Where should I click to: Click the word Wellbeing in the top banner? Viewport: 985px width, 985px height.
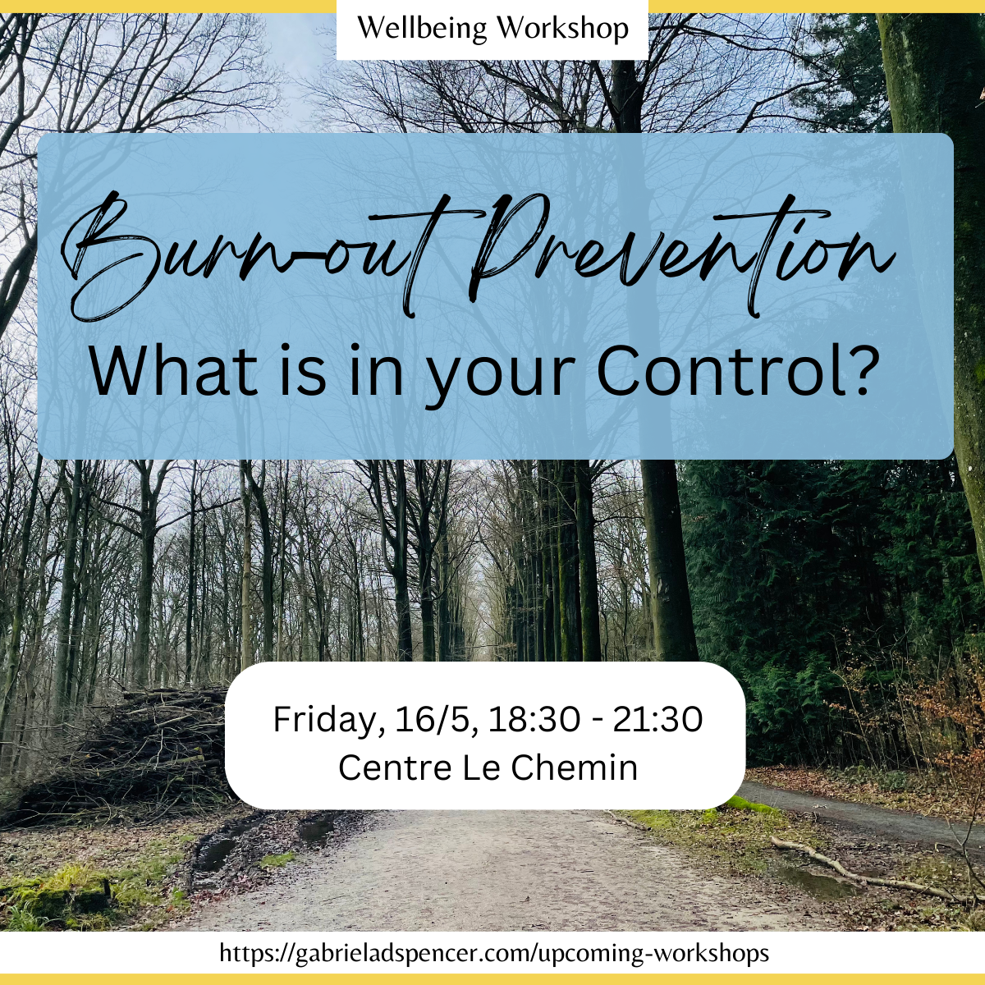click(422, 29)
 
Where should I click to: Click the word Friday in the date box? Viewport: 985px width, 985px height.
click(328, 722)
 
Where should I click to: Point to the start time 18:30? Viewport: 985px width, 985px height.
click(534, 719)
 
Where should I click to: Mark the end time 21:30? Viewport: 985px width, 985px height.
click(658, 719)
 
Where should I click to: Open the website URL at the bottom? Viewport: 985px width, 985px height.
click(494, 953)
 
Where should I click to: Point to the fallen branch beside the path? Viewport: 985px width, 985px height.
click(864, 869)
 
